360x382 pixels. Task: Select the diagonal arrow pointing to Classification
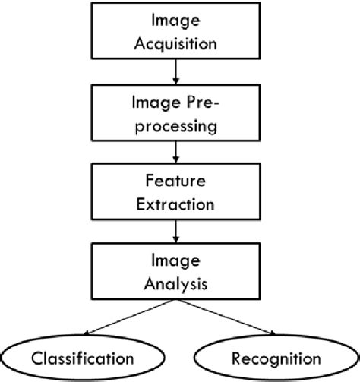tap(129, 317)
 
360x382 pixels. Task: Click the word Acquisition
tap(177, 43)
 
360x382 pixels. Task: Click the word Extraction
tap(177, 204)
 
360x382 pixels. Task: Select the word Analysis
tap(177, 286)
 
